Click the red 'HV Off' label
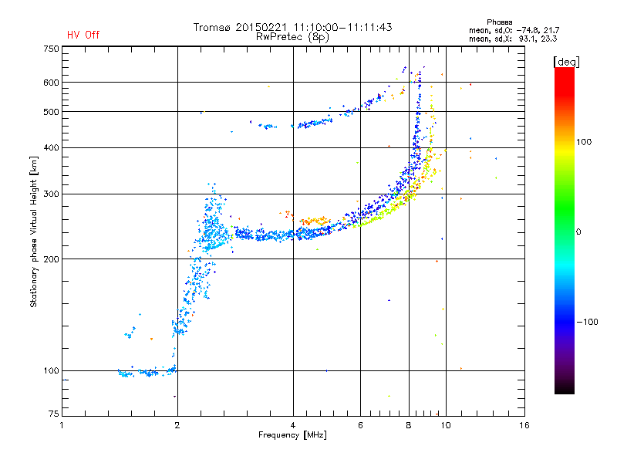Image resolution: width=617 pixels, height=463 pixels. click(83, 35)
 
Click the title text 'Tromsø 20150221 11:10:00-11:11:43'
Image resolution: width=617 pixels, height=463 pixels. click(292, 27)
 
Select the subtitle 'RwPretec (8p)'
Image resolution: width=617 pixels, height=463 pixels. click(292, 36)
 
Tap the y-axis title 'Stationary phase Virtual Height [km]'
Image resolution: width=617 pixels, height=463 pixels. click(33, 231)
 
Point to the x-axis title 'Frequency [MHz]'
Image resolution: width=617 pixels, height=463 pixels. click(292, 435)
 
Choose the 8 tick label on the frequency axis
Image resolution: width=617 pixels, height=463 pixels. click(409, 425)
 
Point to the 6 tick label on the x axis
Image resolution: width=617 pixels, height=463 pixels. click(360, 425)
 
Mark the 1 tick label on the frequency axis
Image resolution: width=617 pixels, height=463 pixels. click(62, 425)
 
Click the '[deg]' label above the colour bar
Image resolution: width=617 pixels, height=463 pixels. click(567, 61)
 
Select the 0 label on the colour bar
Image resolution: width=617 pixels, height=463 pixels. click(578, 231)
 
